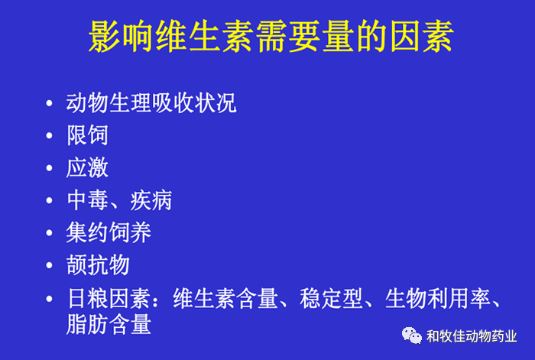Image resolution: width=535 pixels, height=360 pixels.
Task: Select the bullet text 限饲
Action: coord(87,136)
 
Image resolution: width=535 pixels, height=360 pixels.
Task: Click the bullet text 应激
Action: coord(87,168)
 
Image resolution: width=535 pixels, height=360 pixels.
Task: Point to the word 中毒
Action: coord(87,200)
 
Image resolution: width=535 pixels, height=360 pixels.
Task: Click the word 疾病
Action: coord(151,200)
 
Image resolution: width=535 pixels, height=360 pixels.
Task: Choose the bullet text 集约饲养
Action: coord(109,232)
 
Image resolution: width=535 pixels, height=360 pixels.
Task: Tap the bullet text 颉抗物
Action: coord(98,264)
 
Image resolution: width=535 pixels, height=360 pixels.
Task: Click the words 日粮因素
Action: coord(109,297)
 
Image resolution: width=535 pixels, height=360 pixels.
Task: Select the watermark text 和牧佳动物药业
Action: coord(472,336)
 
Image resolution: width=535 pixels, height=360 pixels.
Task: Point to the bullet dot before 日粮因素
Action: coord(50,297)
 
